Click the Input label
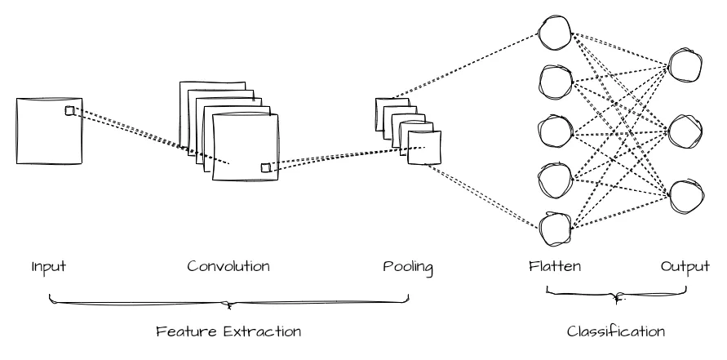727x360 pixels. click(x=49, y=267)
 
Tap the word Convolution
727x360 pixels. click(x=228, y=266)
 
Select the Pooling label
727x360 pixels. click(x=408, y=267)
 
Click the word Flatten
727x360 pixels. click(x=555, y=266)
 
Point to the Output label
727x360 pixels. click(x=685, y=267)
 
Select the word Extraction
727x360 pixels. click(x=262, y=331)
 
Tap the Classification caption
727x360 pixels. click(x=616, y=331)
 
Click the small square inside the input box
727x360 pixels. click(x=69, y=110)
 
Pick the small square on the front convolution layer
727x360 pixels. click(x=266, y=167)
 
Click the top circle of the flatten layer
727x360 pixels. click(x=555, y=33)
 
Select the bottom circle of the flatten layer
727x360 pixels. click(x=555, y=229)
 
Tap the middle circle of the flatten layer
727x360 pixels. click(x=556, y=131)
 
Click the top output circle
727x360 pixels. click(x=685, y=65)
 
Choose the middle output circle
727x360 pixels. click(x=685, y=131)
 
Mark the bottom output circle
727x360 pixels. click(x=686, y=196)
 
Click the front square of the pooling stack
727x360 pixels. click(x=424, y=148)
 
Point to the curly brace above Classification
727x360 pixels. click(x=616, y=294)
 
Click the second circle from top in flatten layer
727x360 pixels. click(x=556, y=82)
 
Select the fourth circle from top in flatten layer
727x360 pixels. click(x=556, y=180)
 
